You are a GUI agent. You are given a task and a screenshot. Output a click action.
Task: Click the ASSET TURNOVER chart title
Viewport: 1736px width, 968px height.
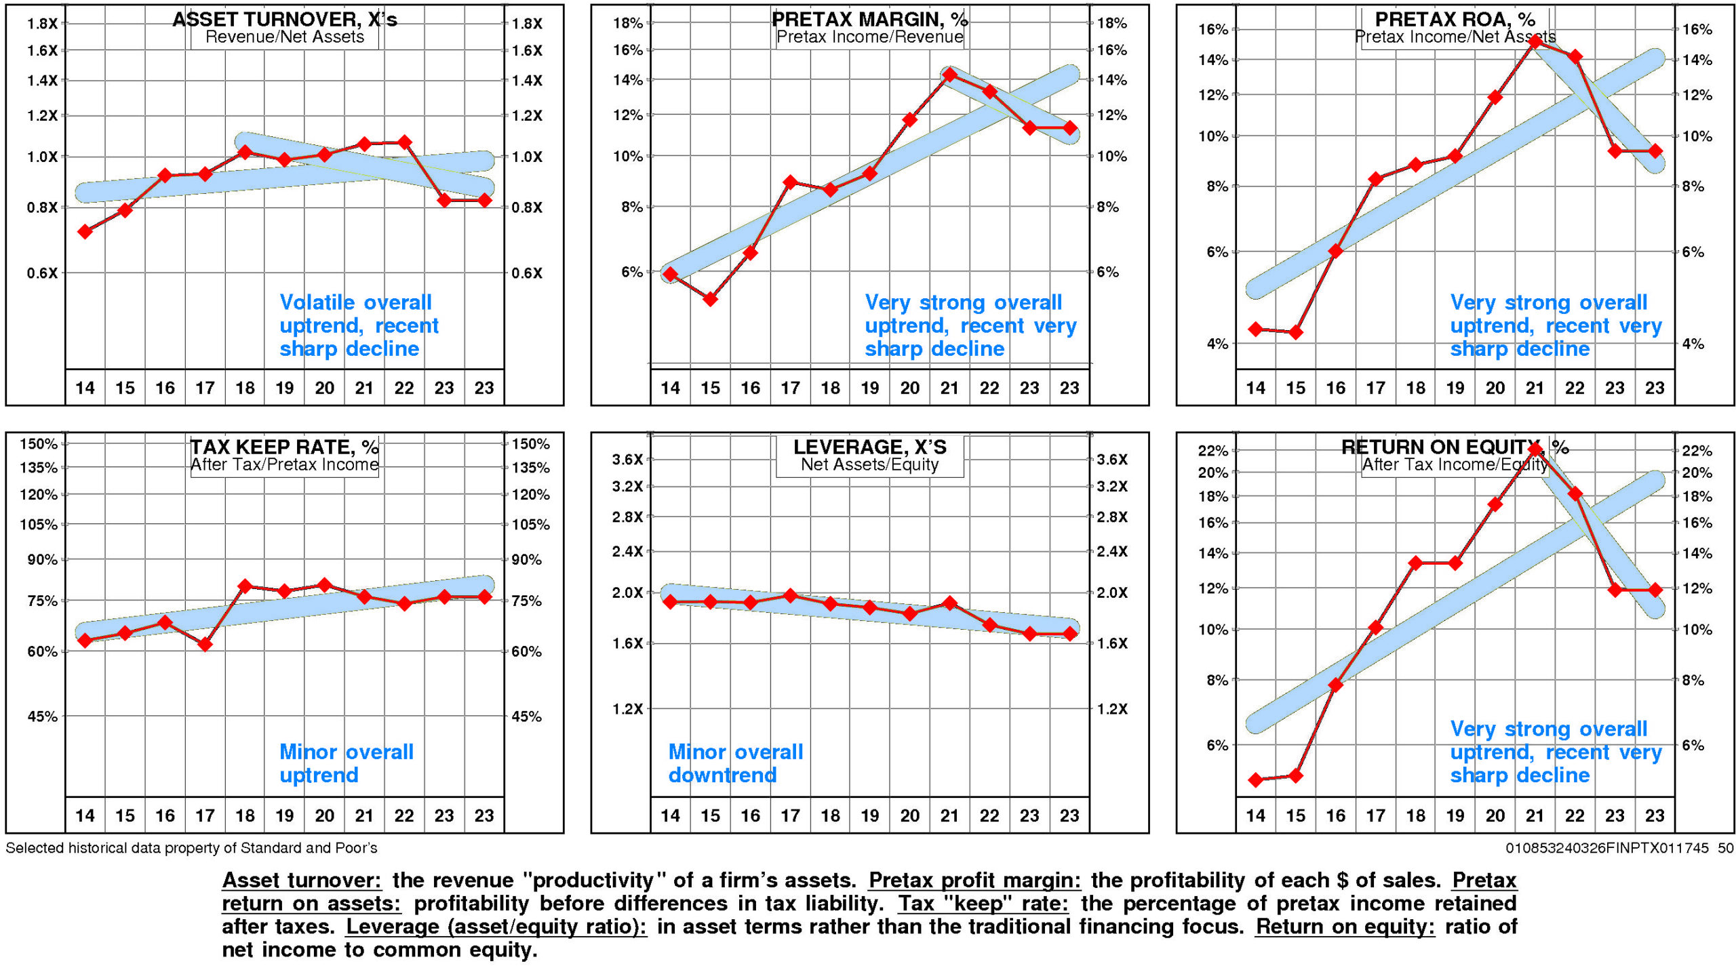point(285,19)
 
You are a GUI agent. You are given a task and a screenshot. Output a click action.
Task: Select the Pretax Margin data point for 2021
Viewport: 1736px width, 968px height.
point(949,75)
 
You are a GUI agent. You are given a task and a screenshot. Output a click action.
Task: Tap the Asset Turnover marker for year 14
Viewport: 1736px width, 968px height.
point(85,232)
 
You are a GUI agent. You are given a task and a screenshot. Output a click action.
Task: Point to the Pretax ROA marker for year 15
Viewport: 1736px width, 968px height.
point(1295,332)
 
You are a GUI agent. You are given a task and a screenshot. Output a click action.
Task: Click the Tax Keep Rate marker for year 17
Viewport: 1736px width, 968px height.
point(205,644)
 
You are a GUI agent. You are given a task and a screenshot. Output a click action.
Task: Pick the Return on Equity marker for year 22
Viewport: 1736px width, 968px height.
point(1575,494)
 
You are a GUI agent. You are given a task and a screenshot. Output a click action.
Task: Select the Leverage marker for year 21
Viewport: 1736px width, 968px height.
point(949,603)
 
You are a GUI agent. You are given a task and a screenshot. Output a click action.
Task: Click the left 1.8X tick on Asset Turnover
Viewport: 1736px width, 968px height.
point(42,24)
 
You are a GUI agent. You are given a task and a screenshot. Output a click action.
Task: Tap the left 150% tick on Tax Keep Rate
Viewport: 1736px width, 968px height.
point(39,444)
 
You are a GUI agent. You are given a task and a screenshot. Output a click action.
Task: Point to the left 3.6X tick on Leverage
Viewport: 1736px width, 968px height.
point(627,460)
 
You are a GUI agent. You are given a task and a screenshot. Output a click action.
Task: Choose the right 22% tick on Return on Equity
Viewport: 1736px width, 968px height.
point(1697,451)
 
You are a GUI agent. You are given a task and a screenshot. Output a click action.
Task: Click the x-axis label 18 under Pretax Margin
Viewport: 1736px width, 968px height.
point(830,388)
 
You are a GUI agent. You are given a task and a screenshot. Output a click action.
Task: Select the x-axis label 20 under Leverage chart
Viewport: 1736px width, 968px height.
point(909,815)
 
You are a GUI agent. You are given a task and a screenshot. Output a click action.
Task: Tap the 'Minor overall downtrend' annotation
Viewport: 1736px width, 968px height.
point(735,763)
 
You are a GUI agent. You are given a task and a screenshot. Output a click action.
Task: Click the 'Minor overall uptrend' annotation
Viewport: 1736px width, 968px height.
point(346,763)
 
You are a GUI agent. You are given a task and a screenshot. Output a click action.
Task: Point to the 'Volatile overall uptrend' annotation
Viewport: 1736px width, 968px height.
point(358,325)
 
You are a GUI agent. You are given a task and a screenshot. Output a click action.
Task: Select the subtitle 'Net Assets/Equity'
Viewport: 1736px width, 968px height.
point(869,464)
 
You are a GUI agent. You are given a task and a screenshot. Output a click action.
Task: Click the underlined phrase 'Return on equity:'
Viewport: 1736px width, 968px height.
point(1344,927)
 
